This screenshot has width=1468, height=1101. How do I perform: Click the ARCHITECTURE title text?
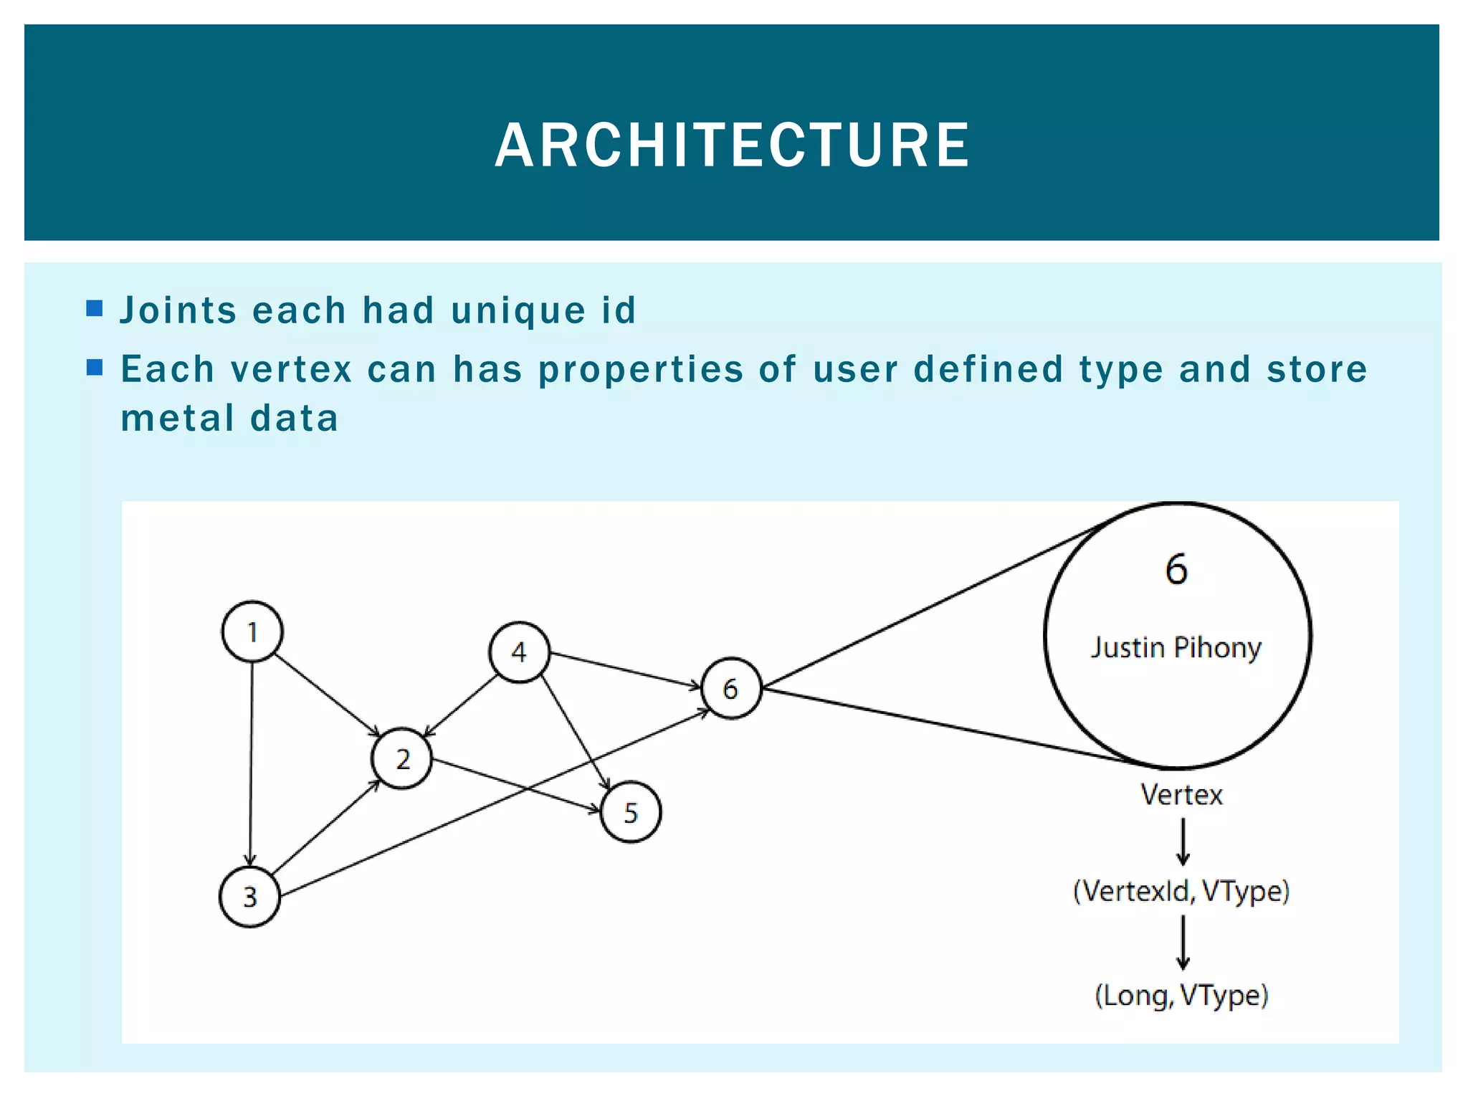(x=733, y=146)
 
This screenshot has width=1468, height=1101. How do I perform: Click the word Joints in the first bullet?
(x=178, y=311)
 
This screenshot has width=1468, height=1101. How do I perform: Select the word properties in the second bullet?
(x=641, y=370)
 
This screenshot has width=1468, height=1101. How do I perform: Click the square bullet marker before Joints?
(x=95, y=309)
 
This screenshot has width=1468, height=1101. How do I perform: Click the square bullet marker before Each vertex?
(x=95, y=368)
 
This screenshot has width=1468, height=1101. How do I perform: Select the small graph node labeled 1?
(x=252, y=631)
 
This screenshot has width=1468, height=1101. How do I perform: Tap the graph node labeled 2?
(x=402, y=758)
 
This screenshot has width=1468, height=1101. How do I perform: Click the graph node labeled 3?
(x=249, y=897)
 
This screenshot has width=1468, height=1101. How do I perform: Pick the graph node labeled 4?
(x=519, y=652)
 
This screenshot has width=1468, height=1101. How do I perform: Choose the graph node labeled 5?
(x=631, y=812)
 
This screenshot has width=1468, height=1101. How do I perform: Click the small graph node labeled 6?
(x=730, y=688)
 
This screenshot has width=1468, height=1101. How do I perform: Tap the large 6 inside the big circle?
(x=1176, y=570)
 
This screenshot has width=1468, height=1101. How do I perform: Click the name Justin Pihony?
(x=1176, y=648)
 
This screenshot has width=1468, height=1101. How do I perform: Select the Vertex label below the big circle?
(x=1181, y=795)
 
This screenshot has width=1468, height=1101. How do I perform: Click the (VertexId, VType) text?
(x=1181, y=891)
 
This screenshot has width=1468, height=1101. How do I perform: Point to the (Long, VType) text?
(x=1181, y=996)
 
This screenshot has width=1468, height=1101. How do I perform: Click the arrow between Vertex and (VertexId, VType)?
(x=1183, y=842)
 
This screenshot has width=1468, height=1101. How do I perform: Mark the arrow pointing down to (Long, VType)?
(x=1183, y=943)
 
